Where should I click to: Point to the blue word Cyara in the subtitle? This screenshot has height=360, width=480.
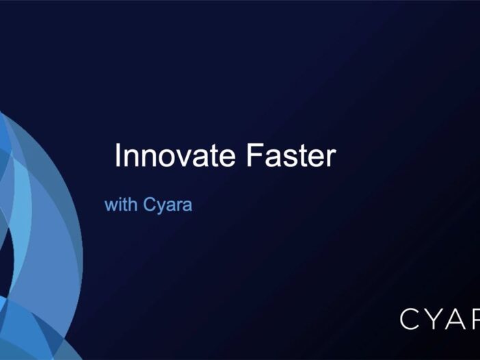(168, 205)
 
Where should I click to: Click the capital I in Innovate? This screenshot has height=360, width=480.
(118, 155)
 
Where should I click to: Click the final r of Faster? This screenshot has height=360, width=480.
(331, 157)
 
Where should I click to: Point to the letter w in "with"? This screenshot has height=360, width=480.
(111, 205)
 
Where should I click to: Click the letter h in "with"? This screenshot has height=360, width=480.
(133, 204)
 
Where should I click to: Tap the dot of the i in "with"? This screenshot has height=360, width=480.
(119, 199)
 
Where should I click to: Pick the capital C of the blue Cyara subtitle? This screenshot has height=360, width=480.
(150, 204)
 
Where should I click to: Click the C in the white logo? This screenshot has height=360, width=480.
(412, 319)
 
